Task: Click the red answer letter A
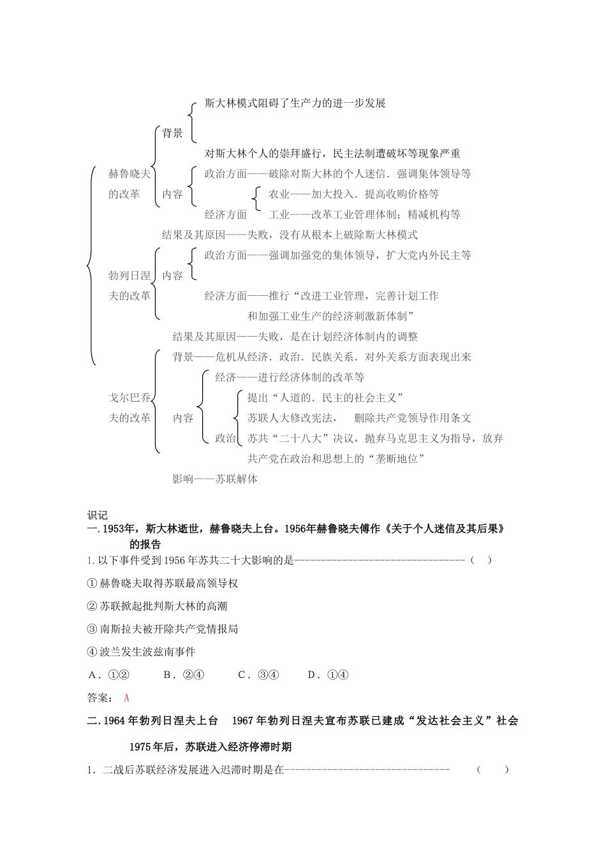tap(127, 698)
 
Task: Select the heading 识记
tap(98, 515)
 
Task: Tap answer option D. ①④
tap(328, 675)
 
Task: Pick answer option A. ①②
tap(109, 675)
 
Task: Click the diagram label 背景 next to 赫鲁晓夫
tap(172, 133)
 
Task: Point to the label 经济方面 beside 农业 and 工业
tap(225, 214)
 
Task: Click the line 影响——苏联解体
tap(215, 479)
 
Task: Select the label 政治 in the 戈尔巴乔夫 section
tap(225, 438)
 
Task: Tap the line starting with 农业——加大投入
tap(353, 194)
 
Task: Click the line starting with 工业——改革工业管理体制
tap(364, 214)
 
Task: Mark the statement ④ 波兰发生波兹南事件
tap(141, 652)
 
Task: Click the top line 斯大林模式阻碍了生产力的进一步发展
tap(295, 103)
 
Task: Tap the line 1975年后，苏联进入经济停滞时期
tap(211, 747)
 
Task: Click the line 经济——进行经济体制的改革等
tap(290, 377)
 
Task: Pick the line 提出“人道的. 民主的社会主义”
tap(325, 397)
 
